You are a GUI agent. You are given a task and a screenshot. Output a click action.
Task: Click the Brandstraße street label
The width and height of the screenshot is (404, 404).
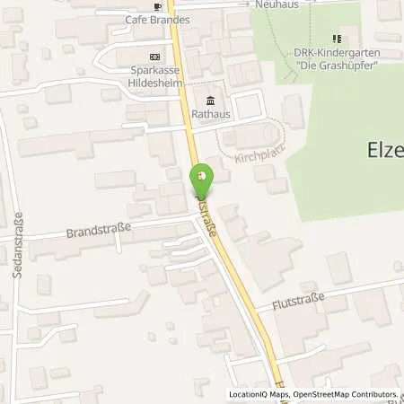(98, 231)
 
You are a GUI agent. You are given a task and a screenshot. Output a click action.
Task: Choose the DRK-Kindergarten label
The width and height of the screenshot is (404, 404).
(337, 53)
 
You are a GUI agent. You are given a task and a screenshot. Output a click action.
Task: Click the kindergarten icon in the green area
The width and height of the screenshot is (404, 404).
(337, 39)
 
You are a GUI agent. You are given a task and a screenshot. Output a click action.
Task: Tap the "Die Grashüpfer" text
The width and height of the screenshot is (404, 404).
(337, 65)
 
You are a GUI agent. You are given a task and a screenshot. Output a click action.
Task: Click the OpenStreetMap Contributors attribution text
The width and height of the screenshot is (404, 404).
(351, 394)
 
